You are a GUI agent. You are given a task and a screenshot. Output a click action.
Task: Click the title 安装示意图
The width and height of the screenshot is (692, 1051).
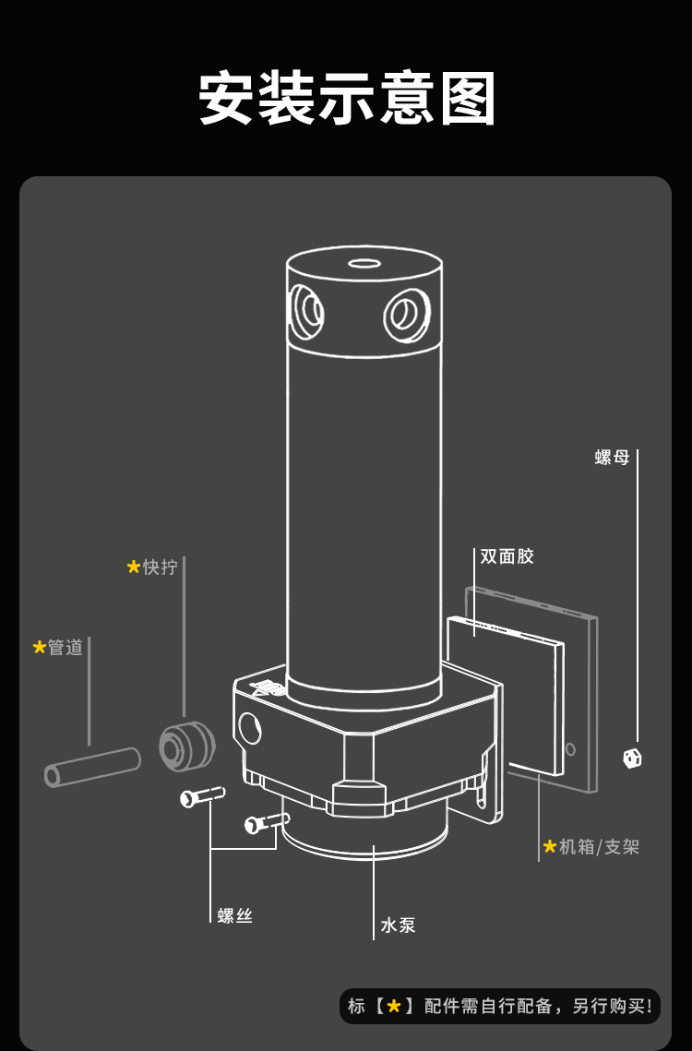pyautogui.click(x=347, y=99)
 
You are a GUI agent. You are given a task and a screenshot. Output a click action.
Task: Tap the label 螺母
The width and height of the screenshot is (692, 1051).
pyautogui.click(x=612, y=458)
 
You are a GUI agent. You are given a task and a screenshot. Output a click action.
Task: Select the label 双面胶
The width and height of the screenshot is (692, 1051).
pyautogui.click(x=507, y=556)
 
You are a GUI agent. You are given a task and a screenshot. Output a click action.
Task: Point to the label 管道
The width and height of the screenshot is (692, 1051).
pyautogui.click(x=66, y=648)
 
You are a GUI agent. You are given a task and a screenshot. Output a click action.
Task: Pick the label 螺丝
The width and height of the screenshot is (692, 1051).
pyautogui.click(x=235, y=915)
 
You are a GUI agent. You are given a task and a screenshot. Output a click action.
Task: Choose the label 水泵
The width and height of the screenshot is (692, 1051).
pyautogui.click(x=398, y=925)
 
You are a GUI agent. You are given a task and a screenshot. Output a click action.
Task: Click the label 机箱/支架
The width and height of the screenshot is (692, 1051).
pyautogui.click(x=599, y=846)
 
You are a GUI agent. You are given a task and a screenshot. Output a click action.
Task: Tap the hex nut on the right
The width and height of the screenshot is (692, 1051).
pyautogui.click(x=632, y=758)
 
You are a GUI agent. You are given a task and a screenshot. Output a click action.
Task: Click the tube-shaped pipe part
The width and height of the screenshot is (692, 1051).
pyautogui.click(x=92, y=767)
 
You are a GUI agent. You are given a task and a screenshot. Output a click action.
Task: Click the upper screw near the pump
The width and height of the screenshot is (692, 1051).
pyautogui.click(x=203, y=795)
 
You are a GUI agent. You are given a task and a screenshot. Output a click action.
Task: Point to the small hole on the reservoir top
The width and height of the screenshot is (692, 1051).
pyautogui.click(x=364, y=263)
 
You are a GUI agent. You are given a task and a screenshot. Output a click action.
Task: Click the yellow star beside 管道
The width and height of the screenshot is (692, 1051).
pyautogui.click(x=40, y=648)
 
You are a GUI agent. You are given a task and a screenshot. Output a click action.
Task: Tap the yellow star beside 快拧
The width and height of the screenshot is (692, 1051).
pyautogui.click(x=134, y=567)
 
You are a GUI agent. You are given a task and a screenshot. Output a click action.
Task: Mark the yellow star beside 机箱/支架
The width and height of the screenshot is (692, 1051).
pyautogui.click(x=550, y=846)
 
